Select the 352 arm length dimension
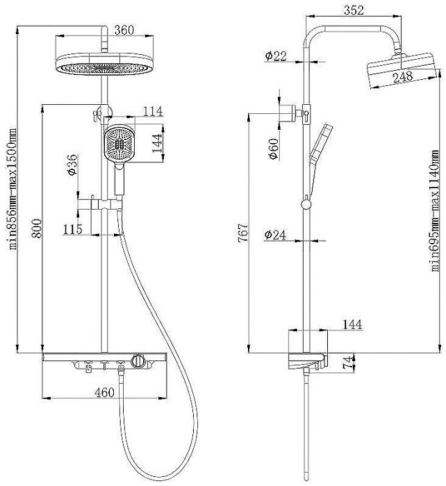[x=354, y=10]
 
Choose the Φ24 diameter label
[x=276, y=235]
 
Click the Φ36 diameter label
[x=73, y=166]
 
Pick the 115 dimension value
[x=73, y=228]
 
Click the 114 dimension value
[x=152, y=111]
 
